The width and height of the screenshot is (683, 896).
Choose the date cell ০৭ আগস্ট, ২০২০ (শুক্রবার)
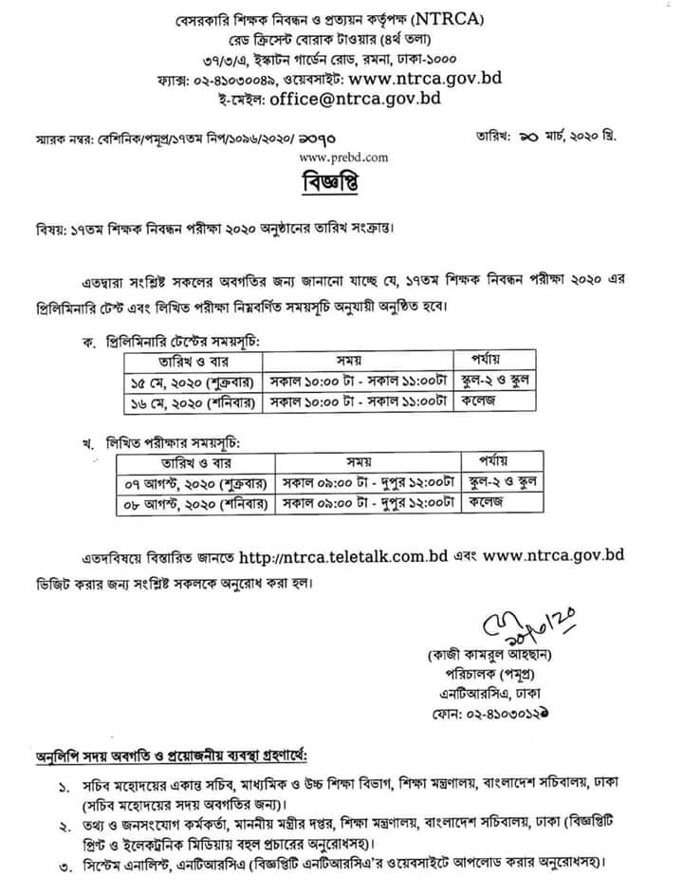pyautogui.click(x=194, y=483)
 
